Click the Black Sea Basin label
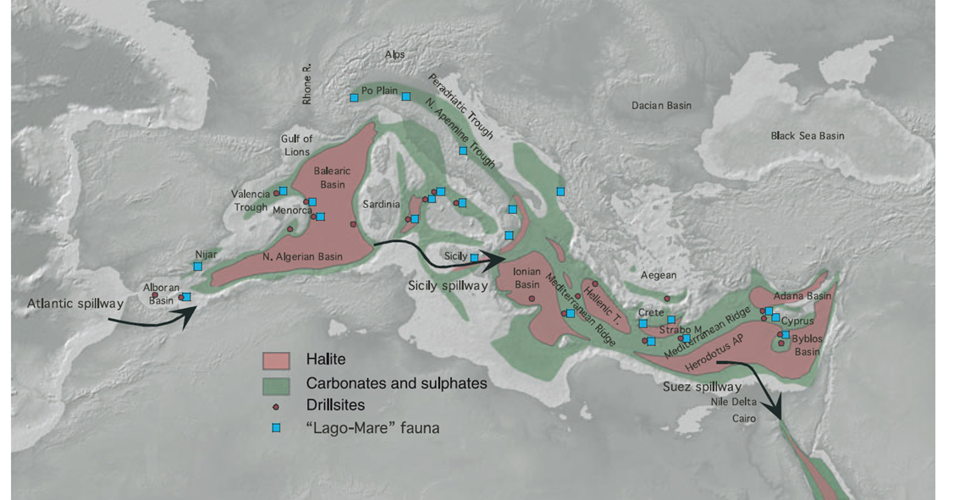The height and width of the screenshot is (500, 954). [807, 135]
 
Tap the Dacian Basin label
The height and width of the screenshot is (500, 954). [661, 106]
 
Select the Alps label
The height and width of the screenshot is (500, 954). [394, 54]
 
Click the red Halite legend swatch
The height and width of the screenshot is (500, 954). [276, 360]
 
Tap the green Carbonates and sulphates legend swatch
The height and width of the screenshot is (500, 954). [276, 383]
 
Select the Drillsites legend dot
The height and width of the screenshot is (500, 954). [276, 406]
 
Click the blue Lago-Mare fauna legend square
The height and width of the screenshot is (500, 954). [276, 428]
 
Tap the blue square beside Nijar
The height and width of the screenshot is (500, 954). [197, 266]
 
